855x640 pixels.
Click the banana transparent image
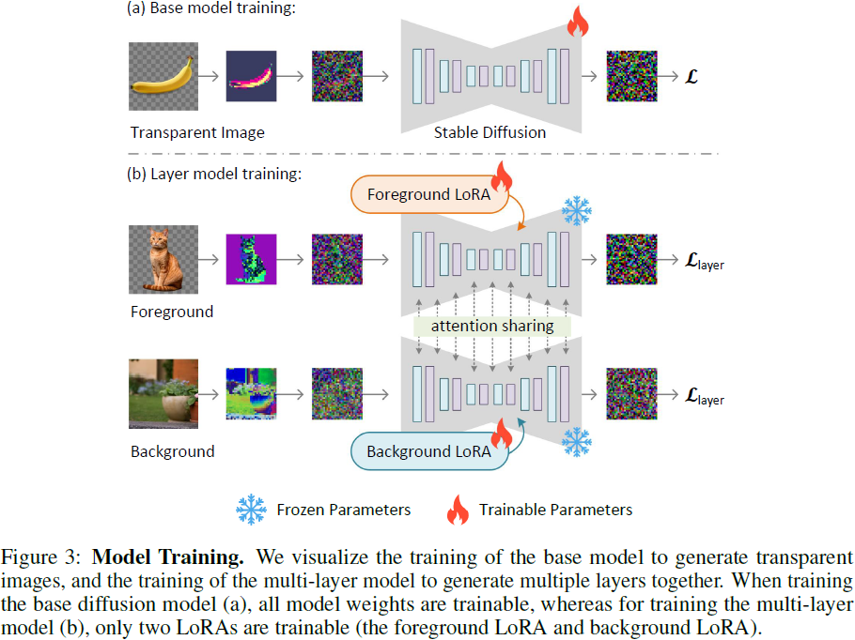click(164, 77)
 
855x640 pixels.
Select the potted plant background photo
click(164, 393)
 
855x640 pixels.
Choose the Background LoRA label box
click(427, 451)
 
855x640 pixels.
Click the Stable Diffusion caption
click(490, 132)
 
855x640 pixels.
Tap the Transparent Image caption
click(197, 132)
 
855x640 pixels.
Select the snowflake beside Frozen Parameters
click(251, 510)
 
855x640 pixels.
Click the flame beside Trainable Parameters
click(458, 510)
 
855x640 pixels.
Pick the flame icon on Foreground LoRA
click(502, 176)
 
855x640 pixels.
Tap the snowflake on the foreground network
click(576, 212)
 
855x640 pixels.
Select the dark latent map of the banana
click(252, 76)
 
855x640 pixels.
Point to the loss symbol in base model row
click(692, 77)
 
